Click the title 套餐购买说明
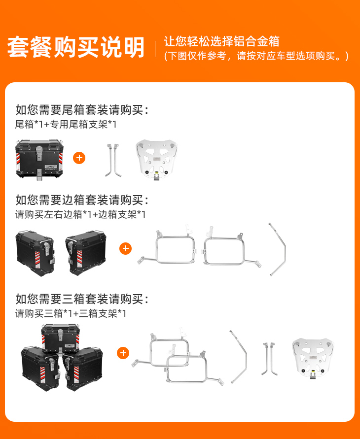[75, 47]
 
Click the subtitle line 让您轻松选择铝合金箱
[221, 41]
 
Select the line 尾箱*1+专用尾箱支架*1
[66, 124]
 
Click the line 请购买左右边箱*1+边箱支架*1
[80, 214]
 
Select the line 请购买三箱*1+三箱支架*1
[71, 313]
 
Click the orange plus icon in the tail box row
[79, 158]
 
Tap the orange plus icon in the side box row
[125, 248]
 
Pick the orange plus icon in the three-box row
[123, 353]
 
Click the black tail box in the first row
[39, 159]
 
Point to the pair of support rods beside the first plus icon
[113, 160]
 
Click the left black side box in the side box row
[36, 253]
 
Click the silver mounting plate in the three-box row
[313, 359]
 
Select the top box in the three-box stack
[60, 338]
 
